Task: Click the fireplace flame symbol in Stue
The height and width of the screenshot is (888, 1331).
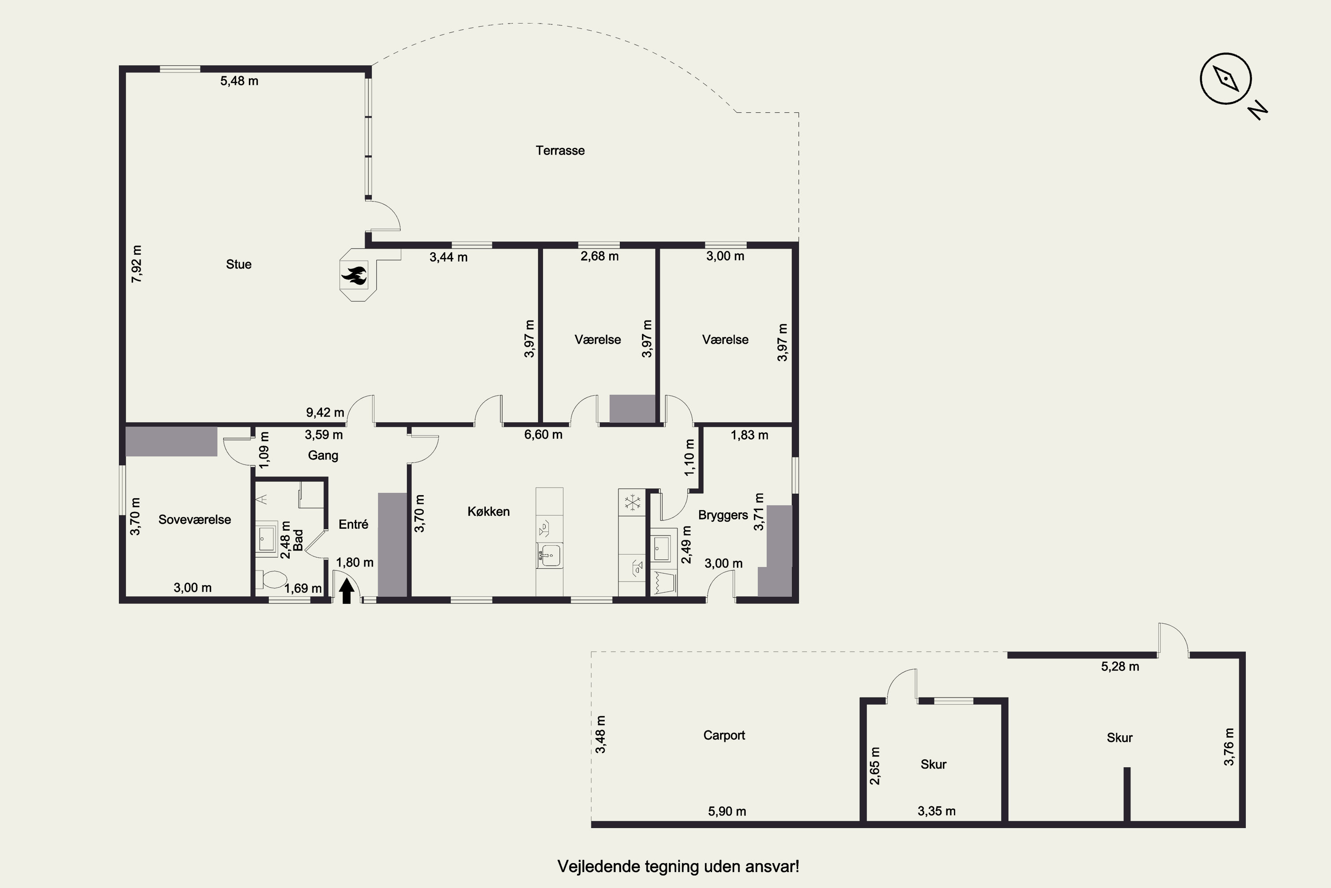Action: [354, 276]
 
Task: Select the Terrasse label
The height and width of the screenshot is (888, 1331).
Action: [560, 151]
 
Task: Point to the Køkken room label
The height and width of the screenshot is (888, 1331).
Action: [488, 511]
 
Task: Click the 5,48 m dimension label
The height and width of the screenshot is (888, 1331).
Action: [240, 81]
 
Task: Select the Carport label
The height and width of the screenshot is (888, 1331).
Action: [724, 735]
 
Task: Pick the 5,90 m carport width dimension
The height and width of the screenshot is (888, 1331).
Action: [727, 812]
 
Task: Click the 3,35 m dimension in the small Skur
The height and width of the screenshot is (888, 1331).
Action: [937, 811]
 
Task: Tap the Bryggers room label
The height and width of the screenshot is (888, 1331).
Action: [723, 515]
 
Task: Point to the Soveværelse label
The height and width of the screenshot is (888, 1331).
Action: [195, 520]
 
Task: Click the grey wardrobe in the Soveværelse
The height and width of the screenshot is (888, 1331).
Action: [171, 441]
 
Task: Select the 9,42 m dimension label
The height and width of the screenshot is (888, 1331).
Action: [325, 412]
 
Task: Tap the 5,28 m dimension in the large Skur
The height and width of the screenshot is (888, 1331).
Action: [1120, 666]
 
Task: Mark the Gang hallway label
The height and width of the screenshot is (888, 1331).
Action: [323, 456]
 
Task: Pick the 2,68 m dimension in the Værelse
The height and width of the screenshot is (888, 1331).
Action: [599, 257]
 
